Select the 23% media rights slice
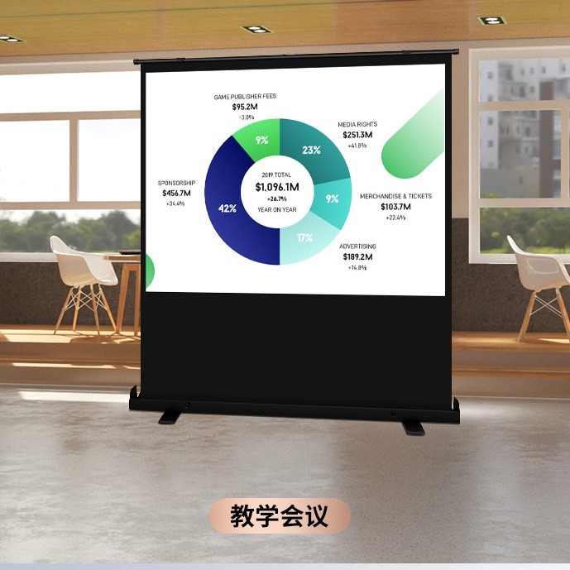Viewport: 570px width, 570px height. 312,150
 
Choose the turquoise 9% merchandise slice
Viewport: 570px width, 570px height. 332,199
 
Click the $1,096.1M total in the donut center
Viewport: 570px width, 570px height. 277,187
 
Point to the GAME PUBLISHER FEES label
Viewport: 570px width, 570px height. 245,97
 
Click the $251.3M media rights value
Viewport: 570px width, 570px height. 357,135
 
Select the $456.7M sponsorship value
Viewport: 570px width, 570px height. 176,193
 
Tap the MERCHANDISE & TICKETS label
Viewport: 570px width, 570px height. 395,196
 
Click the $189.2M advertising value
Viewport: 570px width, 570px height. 357,256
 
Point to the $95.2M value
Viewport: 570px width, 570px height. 245,107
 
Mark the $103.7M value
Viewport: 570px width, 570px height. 395,207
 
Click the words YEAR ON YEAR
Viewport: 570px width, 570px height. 277,209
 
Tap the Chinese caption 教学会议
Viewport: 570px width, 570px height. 280,516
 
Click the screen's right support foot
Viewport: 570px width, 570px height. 412,426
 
